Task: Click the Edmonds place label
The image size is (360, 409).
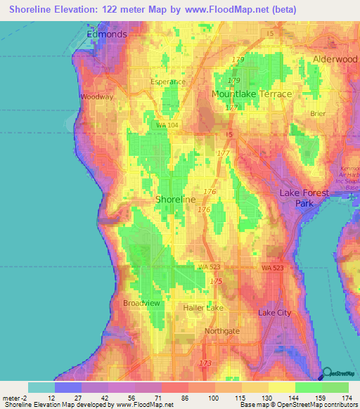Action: click(106, 34)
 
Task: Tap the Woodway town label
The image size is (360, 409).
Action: click(96, 97)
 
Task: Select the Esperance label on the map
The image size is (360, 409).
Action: click(168, 82)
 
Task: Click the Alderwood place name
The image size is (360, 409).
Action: click(335, 60)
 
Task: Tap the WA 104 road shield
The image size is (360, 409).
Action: click(167, 124)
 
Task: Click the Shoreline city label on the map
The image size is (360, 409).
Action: click(175, 200)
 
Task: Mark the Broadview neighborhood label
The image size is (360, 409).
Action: click(143, 303)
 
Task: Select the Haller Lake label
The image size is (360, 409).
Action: click(203, 308)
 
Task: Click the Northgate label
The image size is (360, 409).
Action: click(222, 331)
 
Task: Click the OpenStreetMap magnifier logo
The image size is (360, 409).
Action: click(328, 373)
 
